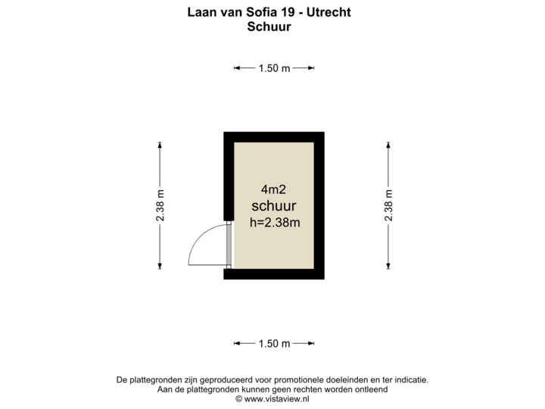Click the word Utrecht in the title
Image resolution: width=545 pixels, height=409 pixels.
(x=329, y=12)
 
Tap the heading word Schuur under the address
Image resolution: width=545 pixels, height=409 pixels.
(x=269, y=27)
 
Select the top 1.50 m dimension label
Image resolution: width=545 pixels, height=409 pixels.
(x=274, y=68)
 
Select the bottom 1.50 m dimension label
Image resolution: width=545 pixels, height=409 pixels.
(x=274, y=344)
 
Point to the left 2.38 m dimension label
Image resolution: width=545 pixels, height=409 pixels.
(x=160, y=205)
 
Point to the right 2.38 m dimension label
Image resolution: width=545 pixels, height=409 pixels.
(x=388, y=205)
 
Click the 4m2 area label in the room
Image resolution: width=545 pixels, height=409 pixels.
(x=273, y=189)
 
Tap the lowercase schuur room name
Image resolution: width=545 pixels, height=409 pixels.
(x=274, y=206)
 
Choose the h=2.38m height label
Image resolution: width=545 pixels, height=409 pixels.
(x=275, y=222)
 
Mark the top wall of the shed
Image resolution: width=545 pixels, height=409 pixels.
(x=274, y=137)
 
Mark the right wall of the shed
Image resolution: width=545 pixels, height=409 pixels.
(x=319, y=205)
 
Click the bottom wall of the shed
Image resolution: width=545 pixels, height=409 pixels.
(x=274, y=274)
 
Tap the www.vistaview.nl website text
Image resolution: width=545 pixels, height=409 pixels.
(x=277, y=399)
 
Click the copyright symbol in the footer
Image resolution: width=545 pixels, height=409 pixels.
(x=238, y=399)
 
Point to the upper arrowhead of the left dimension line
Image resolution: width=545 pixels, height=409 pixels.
(x=160, y=145)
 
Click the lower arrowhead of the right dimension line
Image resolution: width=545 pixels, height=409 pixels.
(x=388, y=267)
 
